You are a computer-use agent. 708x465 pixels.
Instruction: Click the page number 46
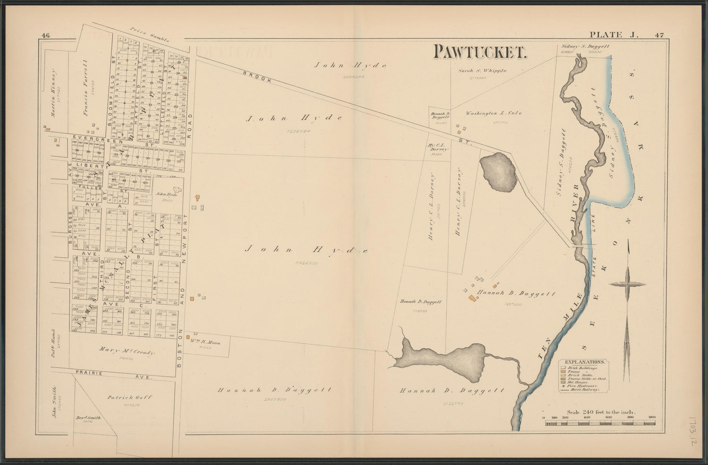pos(46,34)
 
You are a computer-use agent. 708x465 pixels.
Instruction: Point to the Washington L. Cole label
pos(493,113)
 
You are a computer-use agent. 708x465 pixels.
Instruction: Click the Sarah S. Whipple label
pos(482,71)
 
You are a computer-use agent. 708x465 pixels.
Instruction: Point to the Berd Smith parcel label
pos(88,418)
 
